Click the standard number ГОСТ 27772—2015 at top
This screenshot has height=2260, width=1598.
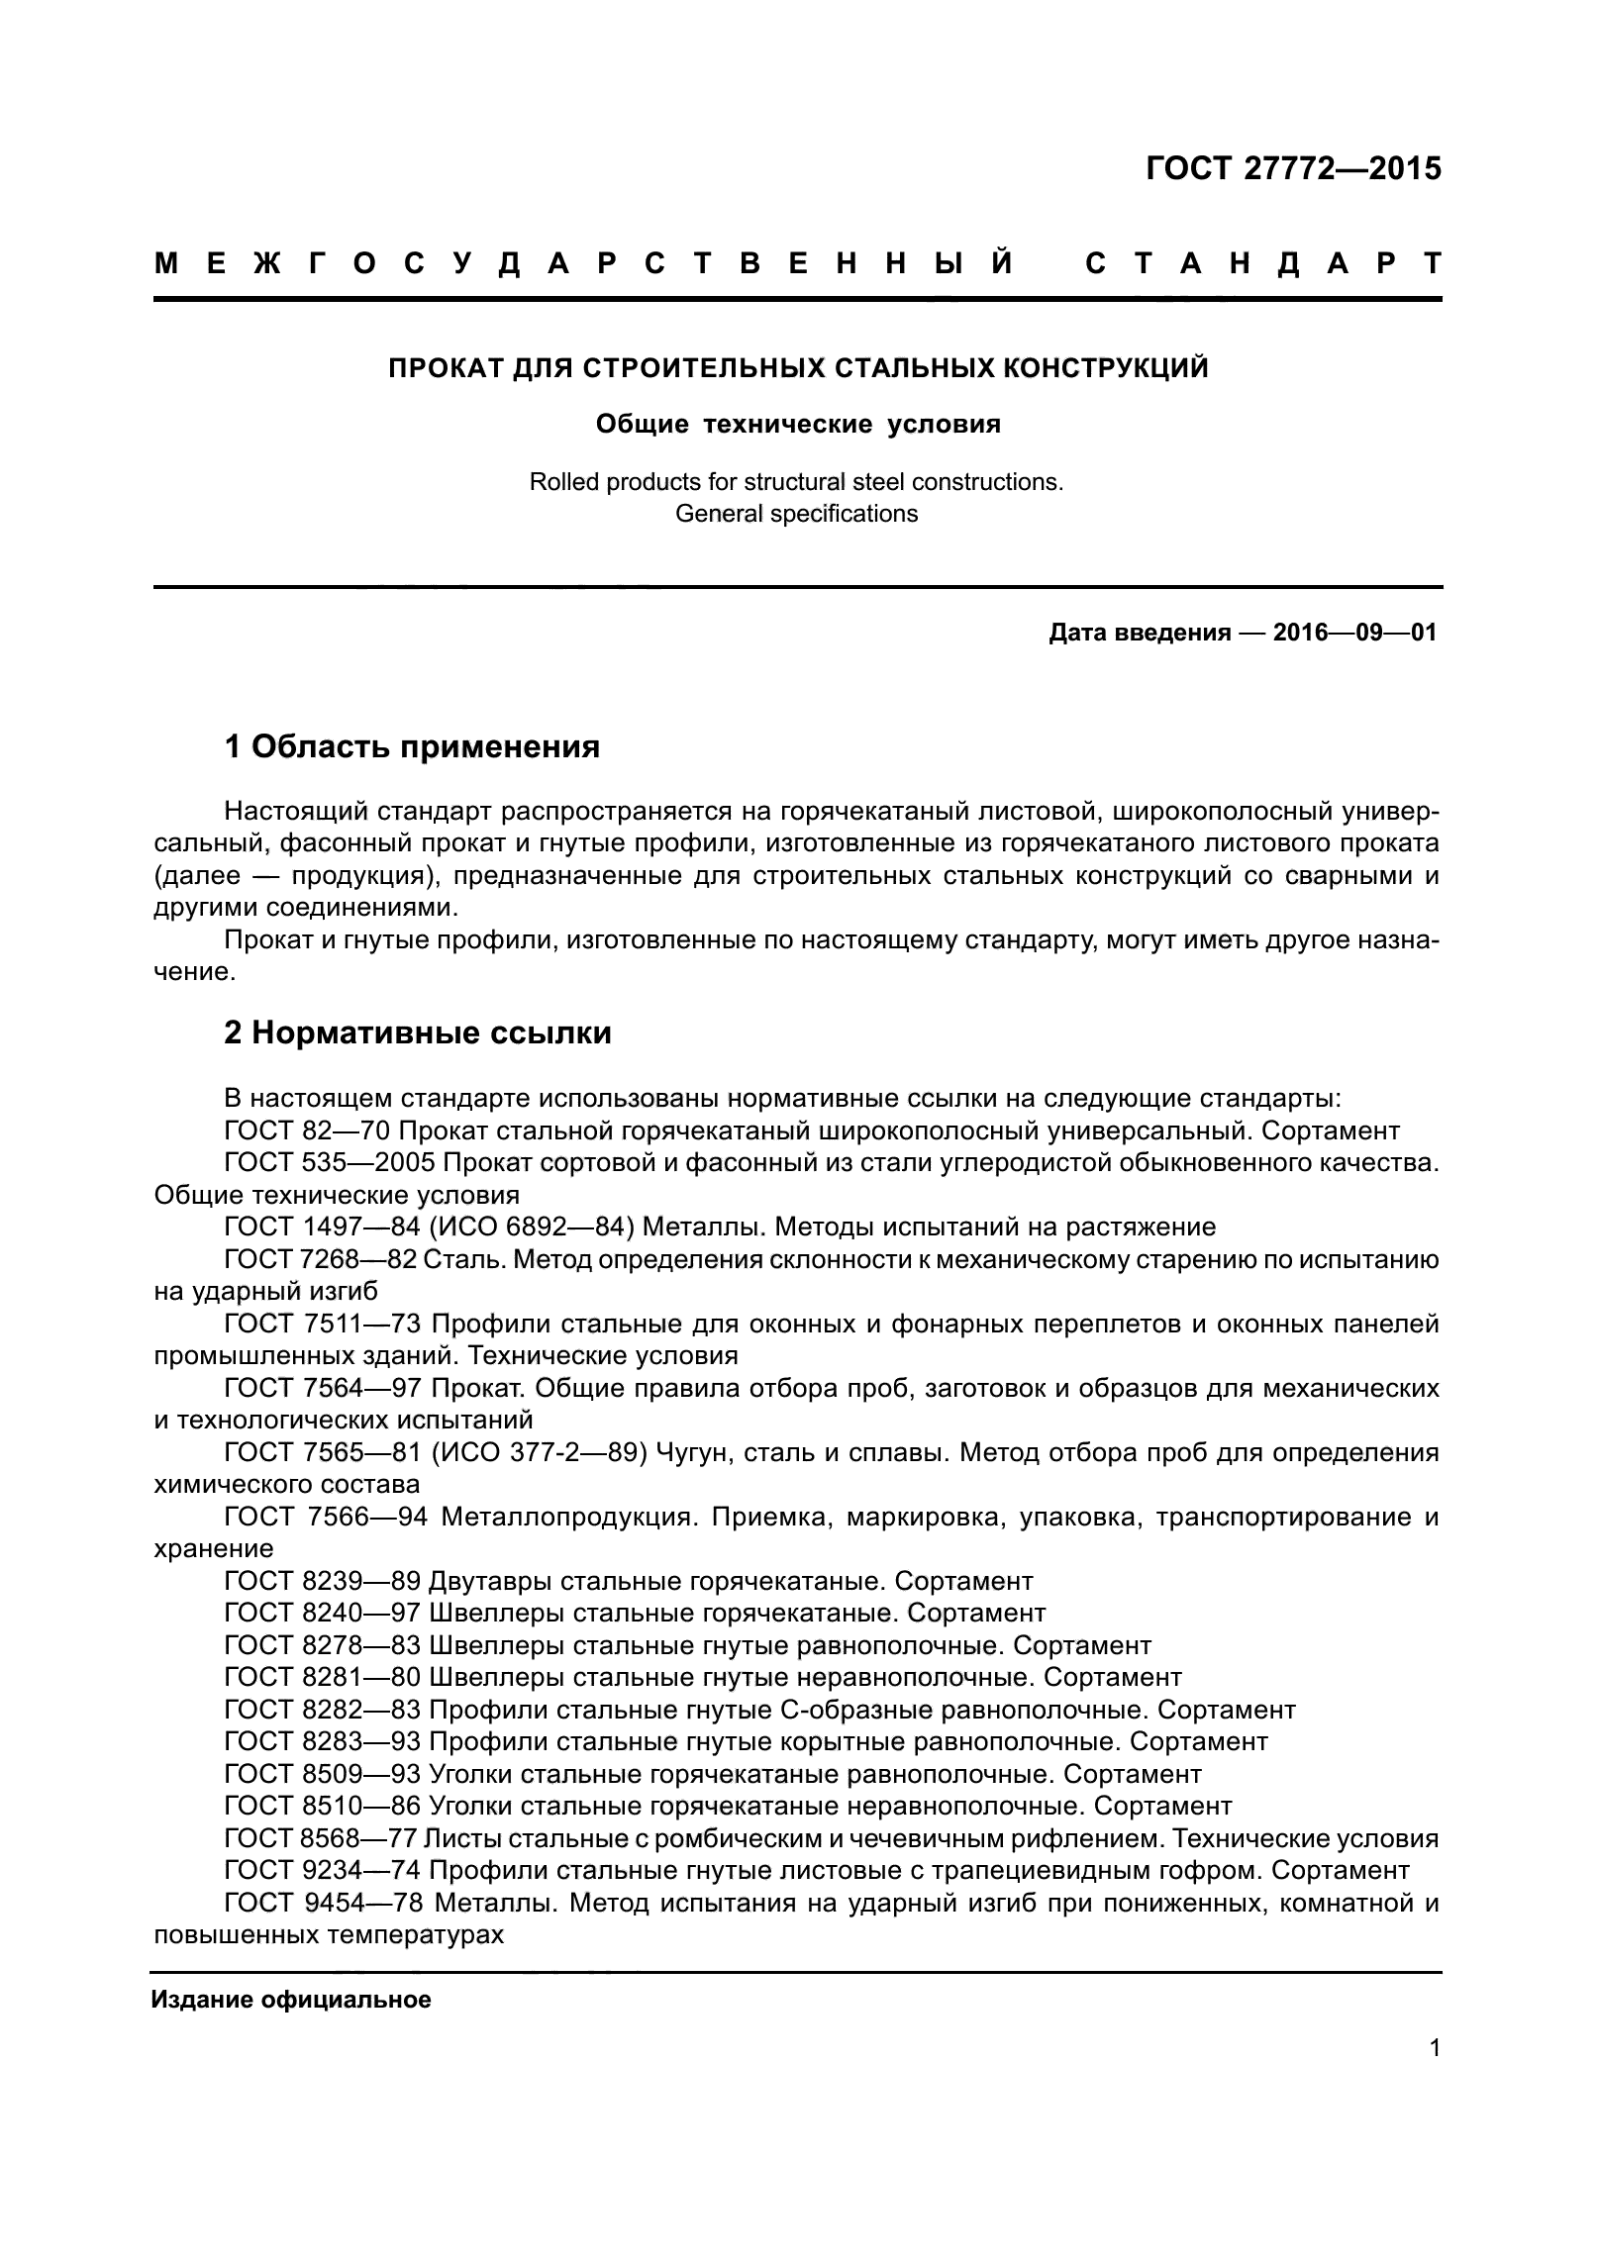point(1293,169)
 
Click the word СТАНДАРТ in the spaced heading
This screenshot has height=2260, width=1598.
point(1262,264)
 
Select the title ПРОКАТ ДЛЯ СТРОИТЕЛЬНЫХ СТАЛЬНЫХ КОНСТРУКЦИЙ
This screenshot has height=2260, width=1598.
point(798,369)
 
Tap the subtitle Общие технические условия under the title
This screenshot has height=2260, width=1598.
point(798,425)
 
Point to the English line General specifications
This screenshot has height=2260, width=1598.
point(796,515)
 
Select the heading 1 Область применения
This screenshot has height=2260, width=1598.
point(412,746)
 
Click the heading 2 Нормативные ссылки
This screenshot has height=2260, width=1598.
point(418,1033)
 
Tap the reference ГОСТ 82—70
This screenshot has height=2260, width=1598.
point(308,1131)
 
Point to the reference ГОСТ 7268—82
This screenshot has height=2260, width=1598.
point(322,1260)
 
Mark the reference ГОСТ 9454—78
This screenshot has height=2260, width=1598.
point(323,1904)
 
